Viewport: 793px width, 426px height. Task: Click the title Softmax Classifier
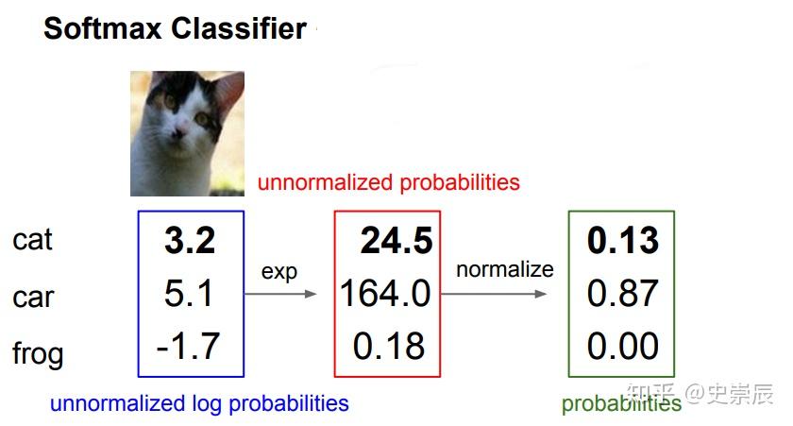(x=175, y=28)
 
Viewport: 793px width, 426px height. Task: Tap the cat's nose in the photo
(x=178, y=133)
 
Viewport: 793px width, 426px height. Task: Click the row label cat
(x=32, y=240)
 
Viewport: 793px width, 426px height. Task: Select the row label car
(x=33, y=297)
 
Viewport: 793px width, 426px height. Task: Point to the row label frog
(x=38, y=353)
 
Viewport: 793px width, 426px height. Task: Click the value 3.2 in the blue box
(x=190, y=240)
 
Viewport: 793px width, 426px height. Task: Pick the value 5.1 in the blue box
(x=188, y=293)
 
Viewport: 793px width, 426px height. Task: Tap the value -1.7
(x=188, y=346)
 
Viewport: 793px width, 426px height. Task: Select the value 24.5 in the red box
(x=396, y=240)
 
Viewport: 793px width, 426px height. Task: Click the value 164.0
(x=385, y=293)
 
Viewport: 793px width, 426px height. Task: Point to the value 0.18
(x=388, y=346)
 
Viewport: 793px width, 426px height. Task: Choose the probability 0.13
(x=623, y=240)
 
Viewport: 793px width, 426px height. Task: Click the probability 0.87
(x=622, y=293)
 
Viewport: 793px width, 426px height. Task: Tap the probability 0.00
(x=622, y=346)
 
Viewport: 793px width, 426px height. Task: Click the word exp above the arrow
(x=279, y=273)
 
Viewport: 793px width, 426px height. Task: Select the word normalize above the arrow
(x=505, y=269)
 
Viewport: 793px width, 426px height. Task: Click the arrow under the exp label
(x=280, y=294)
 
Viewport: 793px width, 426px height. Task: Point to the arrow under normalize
(x=494, y=294)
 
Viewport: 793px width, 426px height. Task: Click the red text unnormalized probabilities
(x=388, y=182)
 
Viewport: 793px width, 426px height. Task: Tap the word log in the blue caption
(x=207, y=404)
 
